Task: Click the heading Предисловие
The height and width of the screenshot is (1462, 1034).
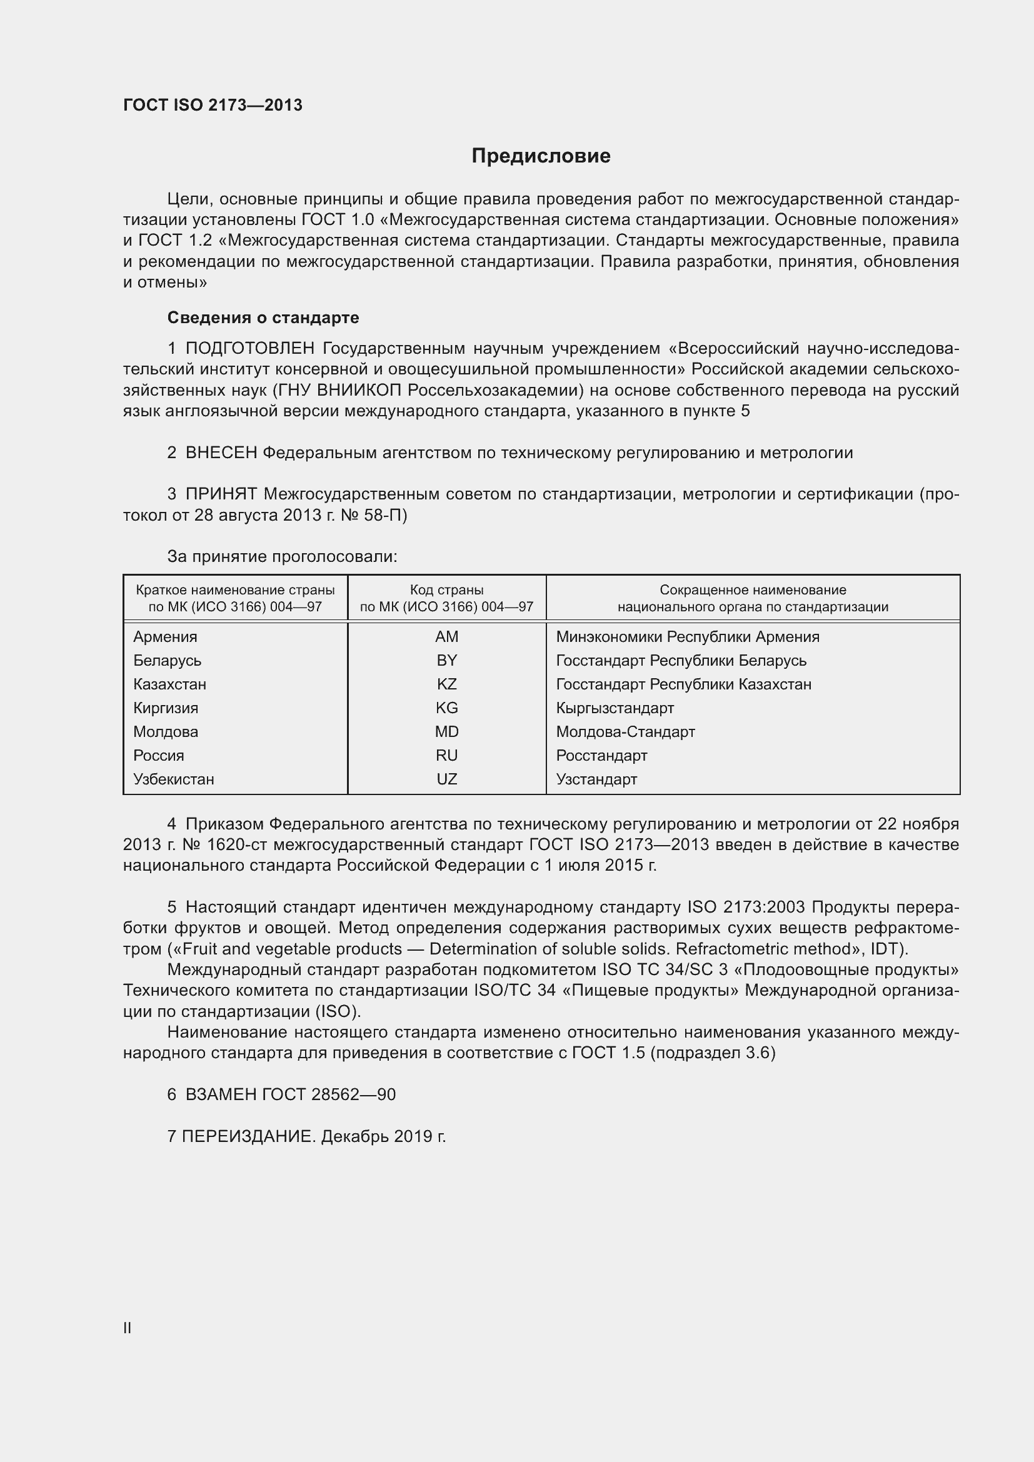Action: click(541, 156)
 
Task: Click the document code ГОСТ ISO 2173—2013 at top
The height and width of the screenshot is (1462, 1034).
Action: click(213, 105)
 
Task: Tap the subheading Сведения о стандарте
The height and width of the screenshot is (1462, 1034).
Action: click(263, 317)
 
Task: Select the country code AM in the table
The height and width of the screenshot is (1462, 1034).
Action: click(446, 637)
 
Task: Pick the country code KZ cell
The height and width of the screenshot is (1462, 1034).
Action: click(446, 684)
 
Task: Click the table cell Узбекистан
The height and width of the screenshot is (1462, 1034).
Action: click(174, 779)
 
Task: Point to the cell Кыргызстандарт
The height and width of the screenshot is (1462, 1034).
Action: click(615, 708)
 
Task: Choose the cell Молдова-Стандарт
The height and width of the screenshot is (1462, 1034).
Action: click(625, 732)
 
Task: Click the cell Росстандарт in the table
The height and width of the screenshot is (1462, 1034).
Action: click(601, 756)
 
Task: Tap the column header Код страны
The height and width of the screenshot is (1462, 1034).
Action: click(446, 590)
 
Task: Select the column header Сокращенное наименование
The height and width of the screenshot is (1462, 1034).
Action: click(753, 590)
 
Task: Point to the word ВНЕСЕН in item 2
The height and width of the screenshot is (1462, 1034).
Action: click(221, 453)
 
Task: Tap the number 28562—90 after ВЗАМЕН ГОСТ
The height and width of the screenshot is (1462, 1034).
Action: click(353, 1094)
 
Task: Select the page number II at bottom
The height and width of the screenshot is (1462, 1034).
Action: click(128, 1328)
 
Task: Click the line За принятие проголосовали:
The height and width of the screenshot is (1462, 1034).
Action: click(282, 556)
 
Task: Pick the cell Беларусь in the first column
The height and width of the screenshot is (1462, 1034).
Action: click(168, 661)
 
